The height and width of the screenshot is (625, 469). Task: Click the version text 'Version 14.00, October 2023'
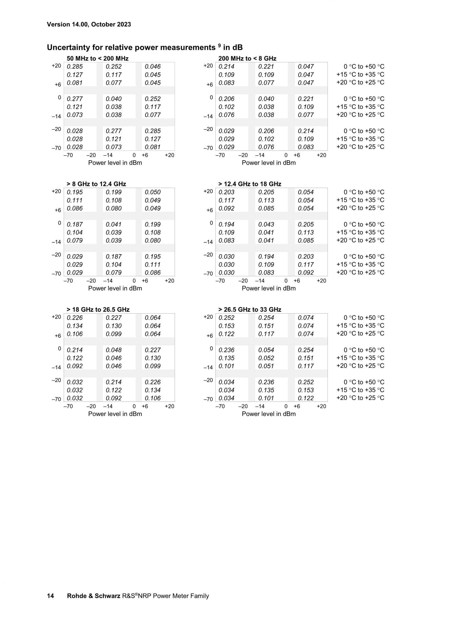[89, 24]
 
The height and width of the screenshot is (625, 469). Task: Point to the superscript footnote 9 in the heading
[219, 45]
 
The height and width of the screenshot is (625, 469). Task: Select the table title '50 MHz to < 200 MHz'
[97, 58]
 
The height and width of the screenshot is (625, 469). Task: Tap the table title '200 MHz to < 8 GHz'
[247, 58]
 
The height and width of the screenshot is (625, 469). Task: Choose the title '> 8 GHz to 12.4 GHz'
[96, 184]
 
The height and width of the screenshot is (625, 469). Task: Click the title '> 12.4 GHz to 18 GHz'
[250, 184]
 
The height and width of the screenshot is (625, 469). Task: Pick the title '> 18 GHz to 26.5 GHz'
[98, 309]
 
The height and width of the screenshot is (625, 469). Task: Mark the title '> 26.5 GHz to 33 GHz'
[250, 309]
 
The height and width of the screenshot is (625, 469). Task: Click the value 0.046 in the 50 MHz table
[153, 67]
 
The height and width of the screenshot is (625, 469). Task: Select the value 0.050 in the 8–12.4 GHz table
[153, 192]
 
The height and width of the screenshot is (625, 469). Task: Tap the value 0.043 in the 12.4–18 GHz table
[266, 224]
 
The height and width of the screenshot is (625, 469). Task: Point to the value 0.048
[114, 350]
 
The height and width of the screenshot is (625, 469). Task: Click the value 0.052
[266, 358]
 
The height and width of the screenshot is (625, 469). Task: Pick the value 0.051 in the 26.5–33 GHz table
[266, 366]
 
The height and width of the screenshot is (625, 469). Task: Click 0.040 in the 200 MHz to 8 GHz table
[266, 99]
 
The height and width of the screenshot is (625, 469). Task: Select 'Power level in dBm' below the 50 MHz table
[115, 163]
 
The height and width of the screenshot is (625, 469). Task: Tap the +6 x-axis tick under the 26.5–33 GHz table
[297, 406]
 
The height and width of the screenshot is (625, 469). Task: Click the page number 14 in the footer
[50, 596]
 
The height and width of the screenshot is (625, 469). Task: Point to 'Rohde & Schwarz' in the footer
[94, 596]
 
